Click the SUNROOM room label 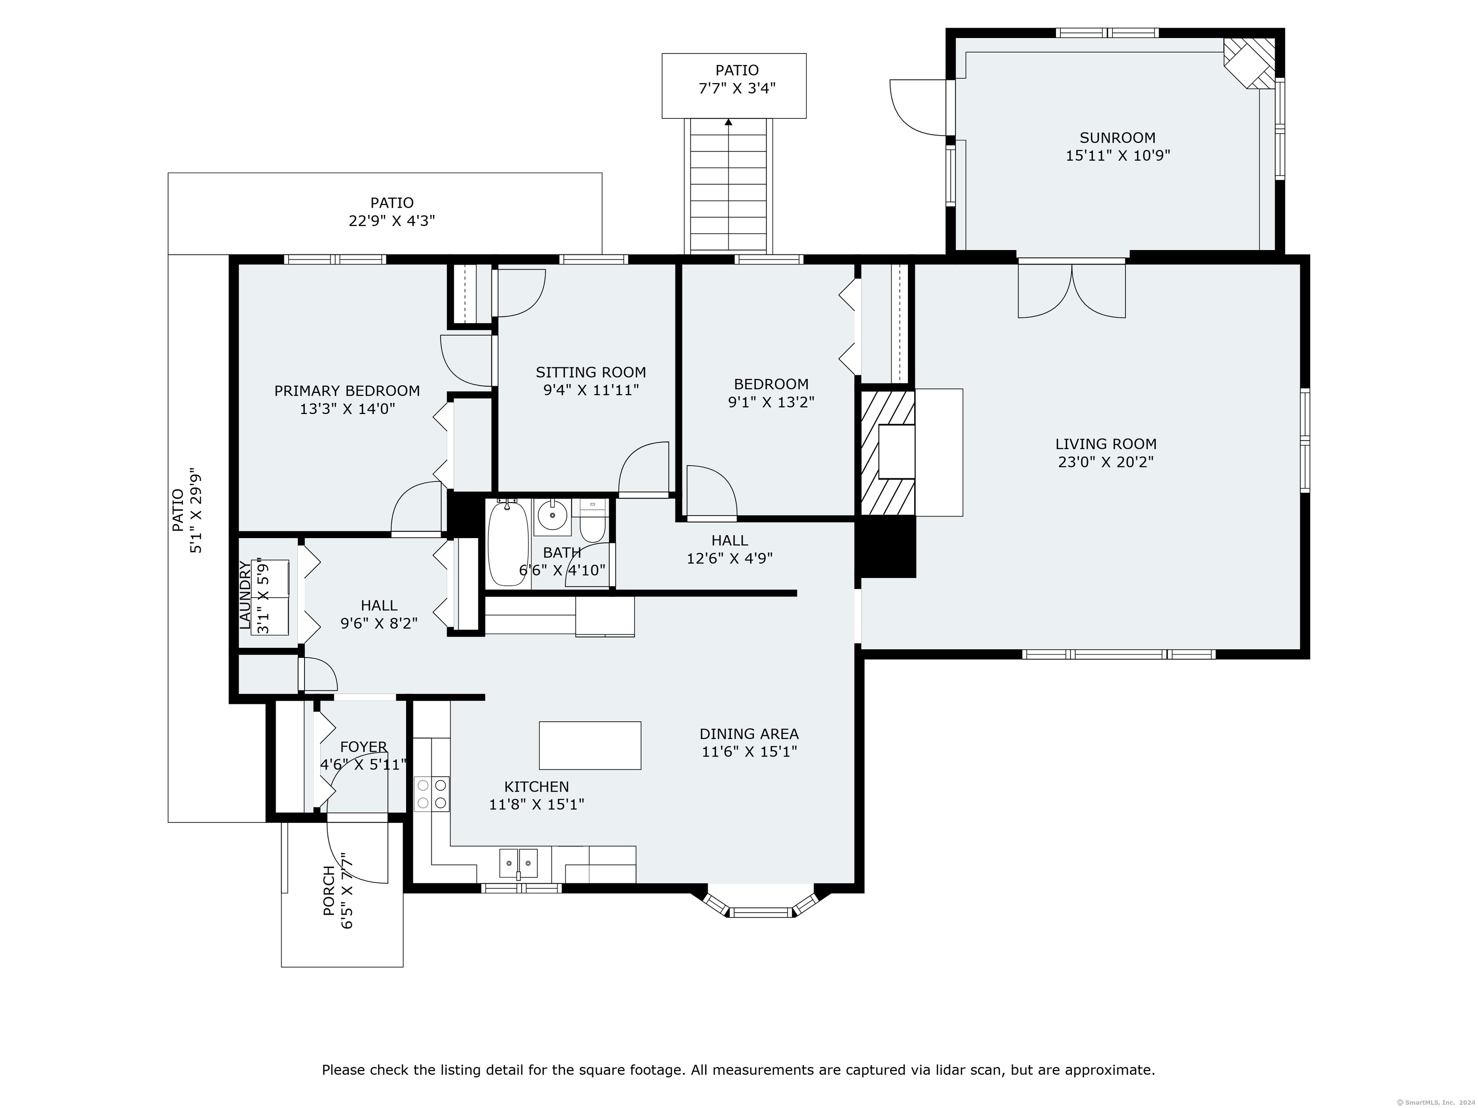[x=1117, y=138]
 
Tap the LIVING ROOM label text [x=1106, y=443]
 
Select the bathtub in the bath [x=509, y=543]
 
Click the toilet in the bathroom [x=592, y=521]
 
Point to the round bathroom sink [x=552, y=516]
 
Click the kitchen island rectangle [x=590, y=745]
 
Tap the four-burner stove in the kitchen [x=432, y=794]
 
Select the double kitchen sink [x=519, y=863]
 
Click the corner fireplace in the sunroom [x=1249, y=62]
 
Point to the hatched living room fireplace [x=887, y=453]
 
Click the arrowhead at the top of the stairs [x=728, y=122]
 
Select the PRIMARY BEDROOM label [x=347, y=390]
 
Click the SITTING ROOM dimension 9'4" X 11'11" [x=591, y=390]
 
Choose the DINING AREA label [x=749, y=734]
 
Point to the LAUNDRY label [x=246, y=596]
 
